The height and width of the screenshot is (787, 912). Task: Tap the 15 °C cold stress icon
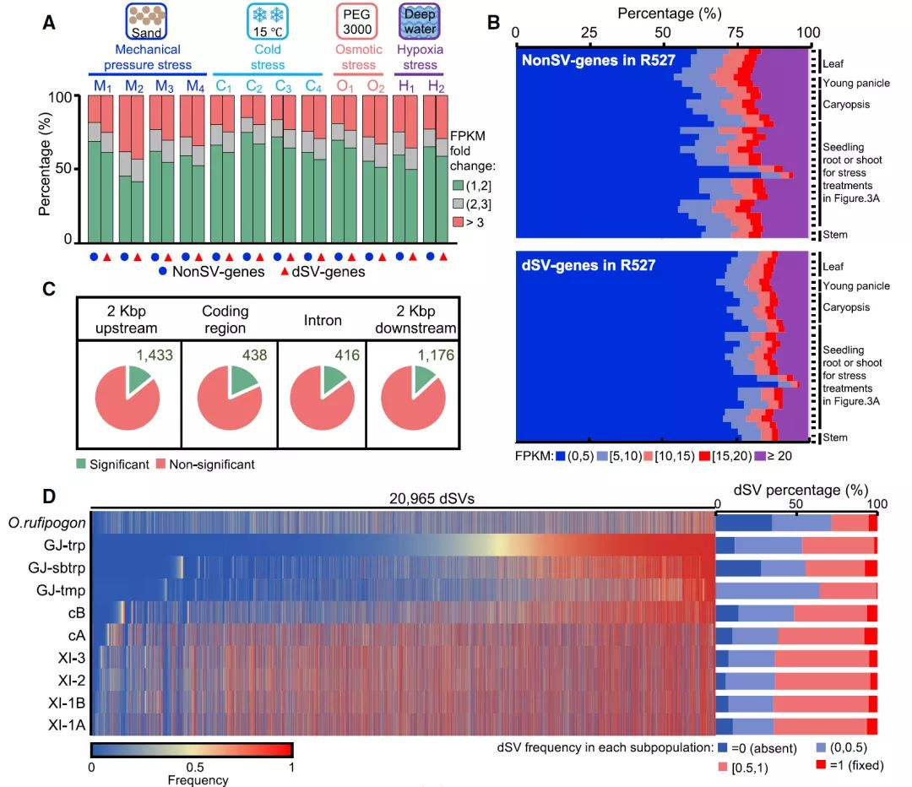click(x=267, y=20)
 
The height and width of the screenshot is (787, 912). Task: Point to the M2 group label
click(x=134, y=86)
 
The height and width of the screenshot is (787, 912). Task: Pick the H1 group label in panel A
click(x=407, y=86)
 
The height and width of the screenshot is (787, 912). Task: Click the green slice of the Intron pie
click(x=329, y=381)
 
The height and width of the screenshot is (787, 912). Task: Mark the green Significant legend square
click(x=81, y=464)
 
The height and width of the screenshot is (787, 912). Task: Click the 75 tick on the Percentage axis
click(x=736, y=32)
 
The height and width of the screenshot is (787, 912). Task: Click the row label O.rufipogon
click(x=45, y=522)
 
